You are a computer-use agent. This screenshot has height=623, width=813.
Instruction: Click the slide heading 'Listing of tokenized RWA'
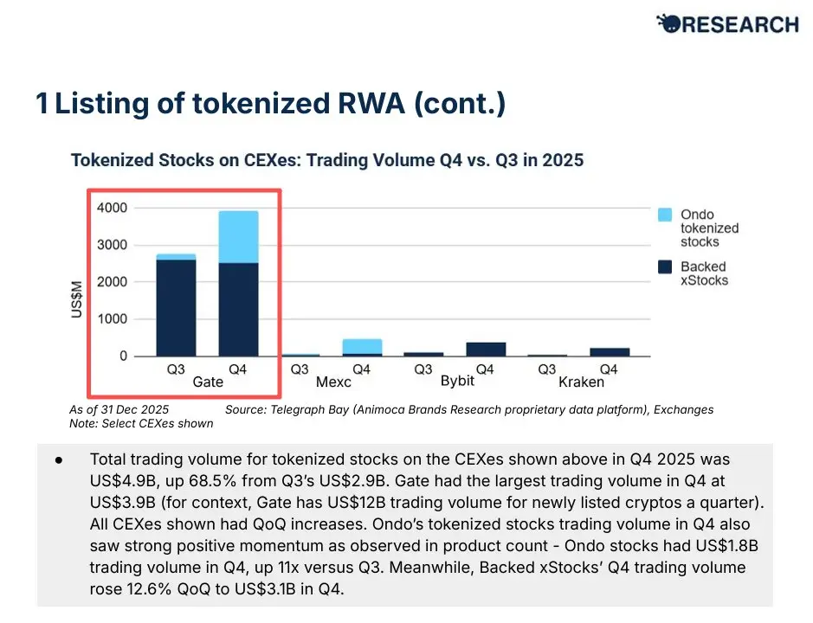click(x=270, y=105)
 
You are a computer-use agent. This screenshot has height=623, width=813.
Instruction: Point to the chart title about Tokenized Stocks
click(x=326, y=160)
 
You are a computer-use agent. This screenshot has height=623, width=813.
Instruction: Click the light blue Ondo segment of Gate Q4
click(x=237, y=236)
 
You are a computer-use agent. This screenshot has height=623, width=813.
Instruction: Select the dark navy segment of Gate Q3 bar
click(x=175, y=307)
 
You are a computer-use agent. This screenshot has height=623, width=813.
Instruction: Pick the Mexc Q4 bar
click(x=362, y=347)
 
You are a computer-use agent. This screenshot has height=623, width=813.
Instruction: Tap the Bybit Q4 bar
click(x=485, y=349)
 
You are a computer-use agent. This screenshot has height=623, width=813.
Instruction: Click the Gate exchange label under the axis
click(x=207, y=382)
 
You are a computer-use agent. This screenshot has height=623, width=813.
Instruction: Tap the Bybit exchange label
click(x=457, y=381)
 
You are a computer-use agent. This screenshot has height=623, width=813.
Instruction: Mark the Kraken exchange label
click(x=581, y=382)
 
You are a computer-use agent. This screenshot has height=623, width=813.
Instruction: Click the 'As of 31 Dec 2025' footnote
click(x=119, y=409)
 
